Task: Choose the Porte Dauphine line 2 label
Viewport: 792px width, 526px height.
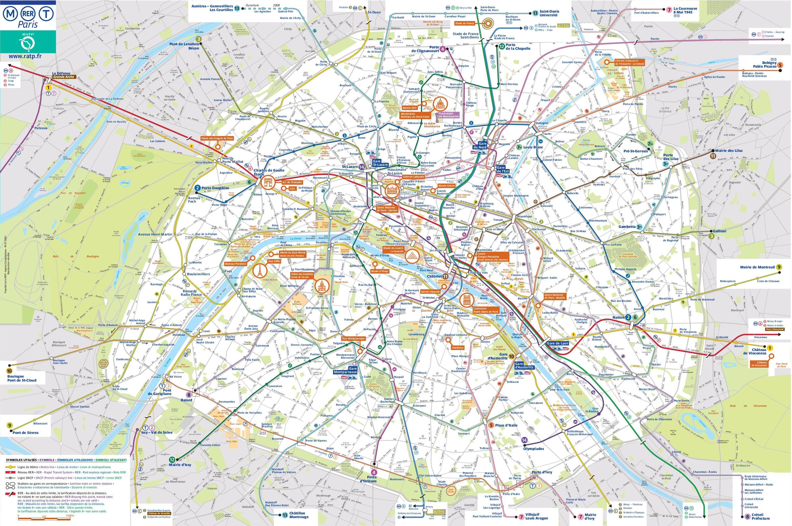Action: tap(215, 188)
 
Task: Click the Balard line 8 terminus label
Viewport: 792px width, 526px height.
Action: tap(187, 400)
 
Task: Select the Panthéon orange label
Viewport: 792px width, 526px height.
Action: tap(458, 348)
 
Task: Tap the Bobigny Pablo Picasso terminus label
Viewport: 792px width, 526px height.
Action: tap(759, 65)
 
